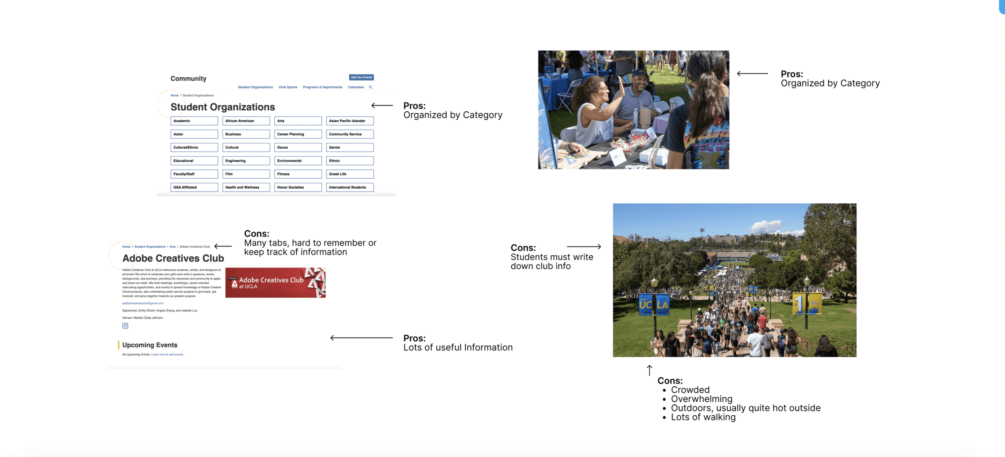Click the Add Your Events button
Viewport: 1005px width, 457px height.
coord(361,77)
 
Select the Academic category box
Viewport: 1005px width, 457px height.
coord(194,121)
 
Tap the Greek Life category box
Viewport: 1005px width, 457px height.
coord(349,174)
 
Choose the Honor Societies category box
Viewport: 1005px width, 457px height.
coord(298,187)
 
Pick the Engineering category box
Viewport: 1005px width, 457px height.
coord(246,161)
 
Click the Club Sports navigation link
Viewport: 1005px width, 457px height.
coord(287,87)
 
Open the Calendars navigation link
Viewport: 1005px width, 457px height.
coord(355,87)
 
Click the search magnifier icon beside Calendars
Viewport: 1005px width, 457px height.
coord(370,87)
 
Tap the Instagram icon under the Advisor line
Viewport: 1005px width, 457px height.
coord(125,326)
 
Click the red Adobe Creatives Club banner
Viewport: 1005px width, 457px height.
coord(275,283)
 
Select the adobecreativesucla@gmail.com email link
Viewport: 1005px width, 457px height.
coord(143,303)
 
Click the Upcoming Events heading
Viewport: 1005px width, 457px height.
coord(149,345)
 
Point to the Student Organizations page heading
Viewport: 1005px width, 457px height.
coord(223,107)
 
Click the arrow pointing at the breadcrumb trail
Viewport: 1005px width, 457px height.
coord(223,246)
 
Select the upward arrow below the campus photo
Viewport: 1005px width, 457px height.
coord(649,370)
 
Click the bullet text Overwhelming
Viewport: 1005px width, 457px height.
coord(701,398)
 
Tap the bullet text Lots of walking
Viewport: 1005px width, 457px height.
coord(703,417)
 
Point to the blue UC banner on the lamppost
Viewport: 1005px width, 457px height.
coord(645,304)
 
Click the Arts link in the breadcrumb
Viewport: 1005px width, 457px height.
coord(173,247)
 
